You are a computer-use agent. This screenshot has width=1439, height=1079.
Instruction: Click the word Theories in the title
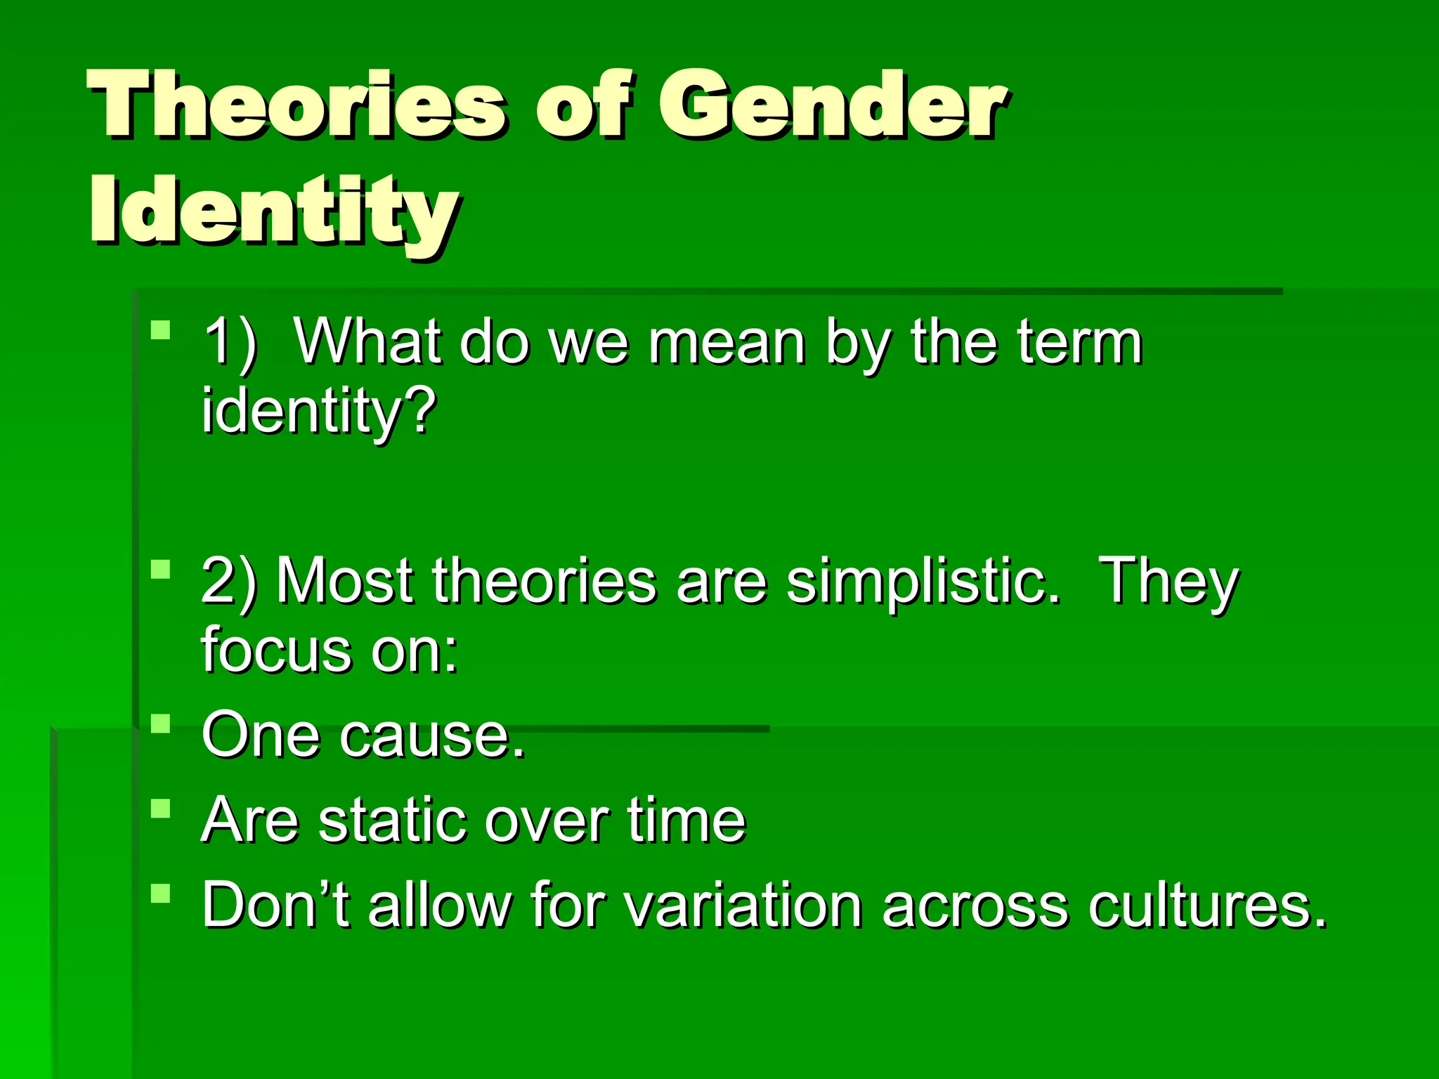tap(295, 105)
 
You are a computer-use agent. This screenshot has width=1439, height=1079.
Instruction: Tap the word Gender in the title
tap(833, 105)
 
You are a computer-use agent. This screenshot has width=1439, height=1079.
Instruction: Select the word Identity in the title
tap(274, 211)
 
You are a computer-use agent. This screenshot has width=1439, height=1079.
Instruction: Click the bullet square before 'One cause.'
tap(161, 724)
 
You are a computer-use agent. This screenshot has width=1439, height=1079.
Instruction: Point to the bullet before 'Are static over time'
tap(161, 809)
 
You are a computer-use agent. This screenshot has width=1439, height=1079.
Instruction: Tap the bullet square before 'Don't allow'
tap(161, 894)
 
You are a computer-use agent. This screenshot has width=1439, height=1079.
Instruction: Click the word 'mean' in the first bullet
tap(727, 343)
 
